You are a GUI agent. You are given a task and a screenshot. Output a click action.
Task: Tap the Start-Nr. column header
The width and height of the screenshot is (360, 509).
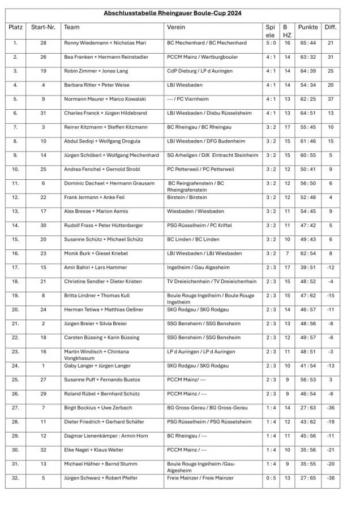[x=43, y=27]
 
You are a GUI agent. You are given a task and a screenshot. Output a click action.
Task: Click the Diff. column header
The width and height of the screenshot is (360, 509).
[x=331, y=27]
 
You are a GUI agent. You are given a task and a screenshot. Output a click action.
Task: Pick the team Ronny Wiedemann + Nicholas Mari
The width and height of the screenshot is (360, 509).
[x=105, y=43]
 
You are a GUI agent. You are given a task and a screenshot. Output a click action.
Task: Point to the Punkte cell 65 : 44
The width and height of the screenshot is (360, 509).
[x=308, y=43]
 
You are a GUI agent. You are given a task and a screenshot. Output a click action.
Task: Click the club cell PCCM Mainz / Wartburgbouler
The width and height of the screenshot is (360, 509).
[x=202, y=57]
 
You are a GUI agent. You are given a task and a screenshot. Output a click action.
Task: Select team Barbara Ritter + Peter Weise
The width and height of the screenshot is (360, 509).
[x=96, y=85]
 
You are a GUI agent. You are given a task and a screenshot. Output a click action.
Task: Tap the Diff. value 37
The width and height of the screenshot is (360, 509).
[x=331, y=99]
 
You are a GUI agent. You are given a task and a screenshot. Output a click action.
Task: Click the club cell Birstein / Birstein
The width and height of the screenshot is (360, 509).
[x=187, y=197]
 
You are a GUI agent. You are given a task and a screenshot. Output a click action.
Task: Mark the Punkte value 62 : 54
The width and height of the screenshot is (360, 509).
[x=308, y=253]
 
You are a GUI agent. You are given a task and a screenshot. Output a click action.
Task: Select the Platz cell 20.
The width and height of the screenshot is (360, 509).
[x=15, y=309]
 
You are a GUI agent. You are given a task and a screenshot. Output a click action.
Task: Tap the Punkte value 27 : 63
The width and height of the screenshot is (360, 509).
[x=308, y=408]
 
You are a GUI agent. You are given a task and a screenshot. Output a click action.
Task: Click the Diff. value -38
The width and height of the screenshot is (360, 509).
[x=331, y=478]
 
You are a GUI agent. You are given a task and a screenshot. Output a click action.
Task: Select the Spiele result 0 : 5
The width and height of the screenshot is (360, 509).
[x=271, y=478]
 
